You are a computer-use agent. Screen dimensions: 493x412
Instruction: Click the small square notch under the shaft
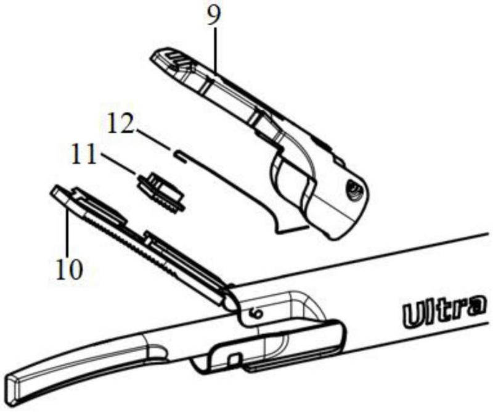233,358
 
